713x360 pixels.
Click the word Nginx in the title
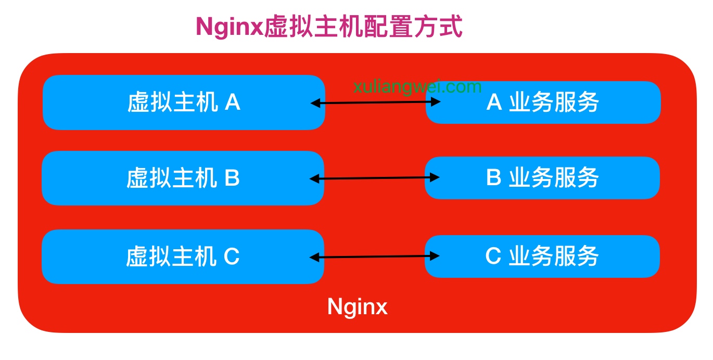[230, 27]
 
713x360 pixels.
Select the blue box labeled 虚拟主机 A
[183, 102]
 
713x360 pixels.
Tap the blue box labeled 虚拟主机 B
[183, 178]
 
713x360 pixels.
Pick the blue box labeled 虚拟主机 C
[183, 256]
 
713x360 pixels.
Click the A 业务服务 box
[543, 102]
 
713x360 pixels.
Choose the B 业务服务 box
[542, 178]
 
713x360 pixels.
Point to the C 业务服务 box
[542, 256]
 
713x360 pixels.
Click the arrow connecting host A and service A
[375, 102]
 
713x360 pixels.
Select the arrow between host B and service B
[374, 178]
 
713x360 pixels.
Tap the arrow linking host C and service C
[374, 256]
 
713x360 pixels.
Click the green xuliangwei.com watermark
[417, 86]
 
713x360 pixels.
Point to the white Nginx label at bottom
[358, 306]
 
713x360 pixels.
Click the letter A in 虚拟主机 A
[233, 103]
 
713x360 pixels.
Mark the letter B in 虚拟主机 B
[232, 178]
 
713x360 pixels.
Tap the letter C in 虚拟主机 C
[232, 257]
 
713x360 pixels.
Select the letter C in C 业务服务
[493, 256]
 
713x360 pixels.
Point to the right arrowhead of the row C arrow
[435, 255]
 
